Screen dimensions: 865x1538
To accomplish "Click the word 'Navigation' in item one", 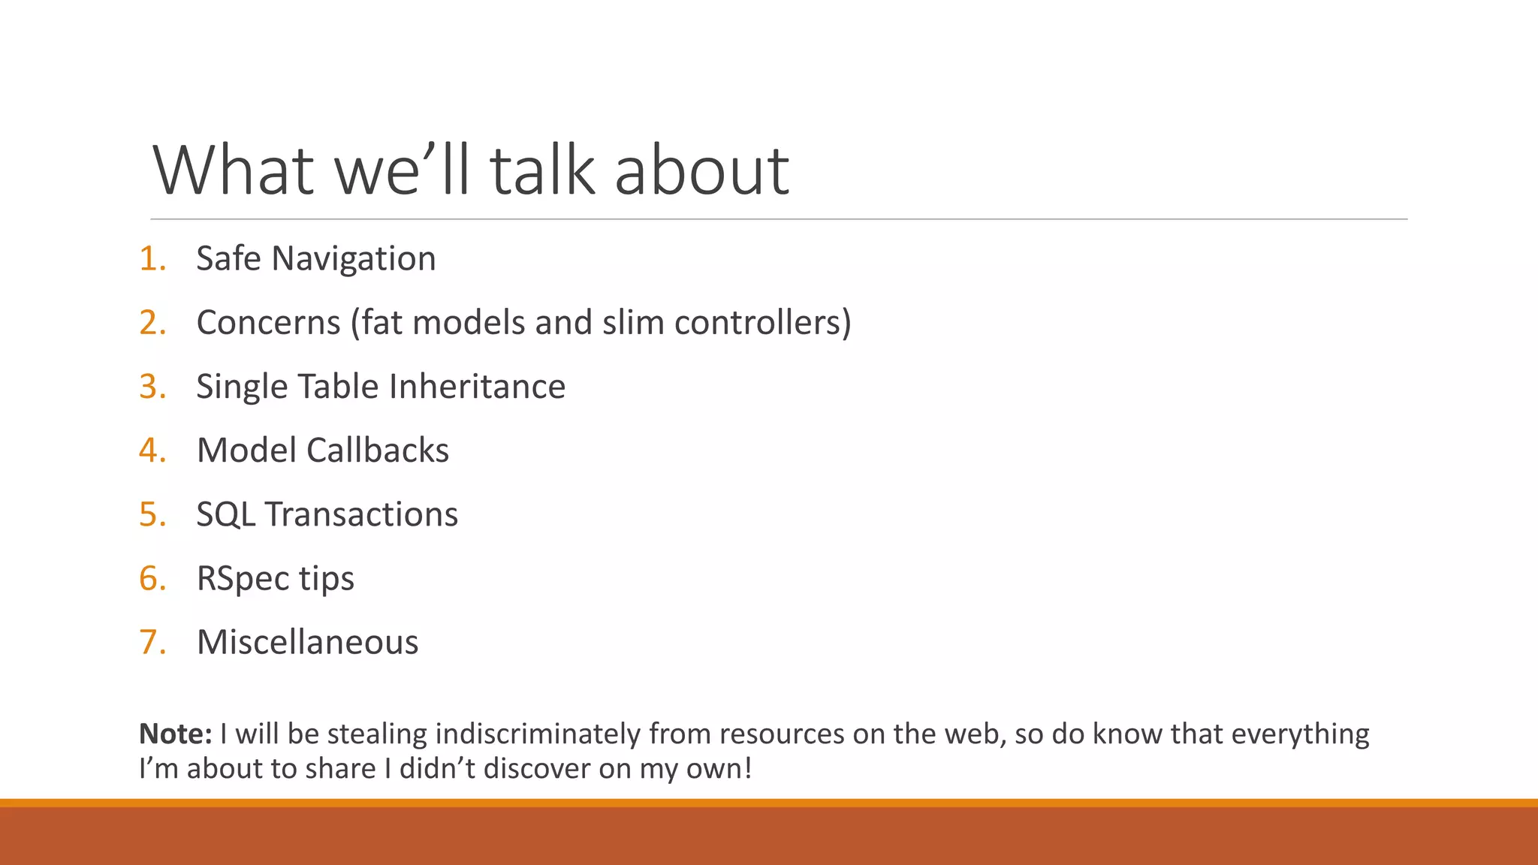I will click(353, 260).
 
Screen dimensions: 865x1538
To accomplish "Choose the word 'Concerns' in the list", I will click(268, 323).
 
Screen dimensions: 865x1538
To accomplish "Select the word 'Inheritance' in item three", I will click(477, 387).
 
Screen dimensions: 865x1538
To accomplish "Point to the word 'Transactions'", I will click(361, 515).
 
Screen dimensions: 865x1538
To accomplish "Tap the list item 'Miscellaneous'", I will click(307, 643).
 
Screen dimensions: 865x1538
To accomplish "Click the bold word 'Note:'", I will click(176, 734).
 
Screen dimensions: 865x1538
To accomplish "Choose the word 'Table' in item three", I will click(339, 387).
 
